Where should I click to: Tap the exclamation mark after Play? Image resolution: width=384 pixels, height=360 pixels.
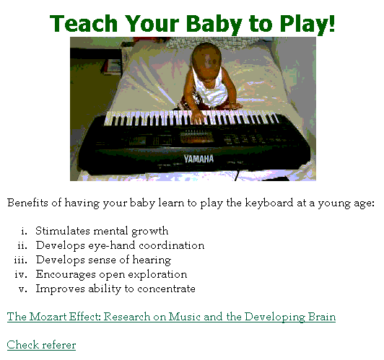coord(332,23)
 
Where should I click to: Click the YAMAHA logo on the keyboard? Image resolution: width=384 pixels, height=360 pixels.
coord(198,159)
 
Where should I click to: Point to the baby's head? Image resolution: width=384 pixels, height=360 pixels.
coord(206,58)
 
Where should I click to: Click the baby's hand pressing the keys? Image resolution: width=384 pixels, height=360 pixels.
coord(197,117)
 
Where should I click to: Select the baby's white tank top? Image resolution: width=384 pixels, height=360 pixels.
coord(211,86)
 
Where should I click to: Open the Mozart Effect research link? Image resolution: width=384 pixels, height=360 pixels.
coord(171,317)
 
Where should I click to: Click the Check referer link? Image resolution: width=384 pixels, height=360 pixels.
coord(41,345)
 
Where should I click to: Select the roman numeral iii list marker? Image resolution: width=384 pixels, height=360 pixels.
coord(20,260)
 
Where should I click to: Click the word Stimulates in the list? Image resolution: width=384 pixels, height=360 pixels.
coord(63,231)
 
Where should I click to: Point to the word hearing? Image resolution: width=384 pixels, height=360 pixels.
coord(152,260)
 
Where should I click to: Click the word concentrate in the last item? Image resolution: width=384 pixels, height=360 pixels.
coord(166,289)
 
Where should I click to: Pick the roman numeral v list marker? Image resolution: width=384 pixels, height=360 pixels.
coord(23,289)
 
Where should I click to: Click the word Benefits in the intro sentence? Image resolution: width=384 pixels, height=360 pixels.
coord(27,203)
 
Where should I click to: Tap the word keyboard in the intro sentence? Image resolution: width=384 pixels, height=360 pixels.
coord(269,203)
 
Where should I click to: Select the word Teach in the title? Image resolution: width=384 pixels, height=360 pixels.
coord(84,23)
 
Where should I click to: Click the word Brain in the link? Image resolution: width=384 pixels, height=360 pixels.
coord(322,317)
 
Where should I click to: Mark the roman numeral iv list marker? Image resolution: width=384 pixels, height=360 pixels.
coord(21,275)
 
